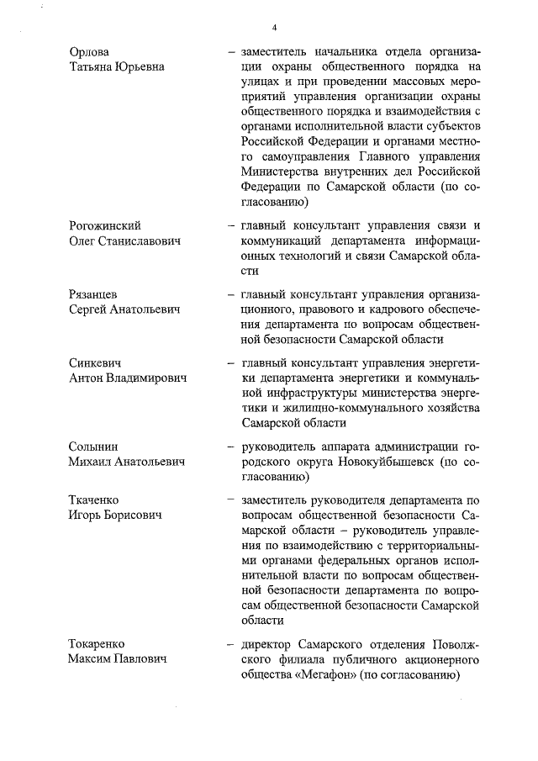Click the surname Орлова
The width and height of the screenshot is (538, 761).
click(x=89, y=52)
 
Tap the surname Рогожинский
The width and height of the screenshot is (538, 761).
click(x=105, y=226)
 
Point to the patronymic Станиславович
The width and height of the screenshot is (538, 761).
click(x=144, y=241)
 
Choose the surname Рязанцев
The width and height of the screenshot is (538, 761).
click(x=93, y=295)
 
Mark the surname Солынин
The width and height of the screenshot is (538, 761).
click(x=93, y=447)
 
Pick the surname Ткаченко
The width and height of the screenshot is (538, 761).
click(x=95, y=500)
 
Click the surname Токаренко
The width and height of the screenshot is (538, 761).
click(x=99, y=644)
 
